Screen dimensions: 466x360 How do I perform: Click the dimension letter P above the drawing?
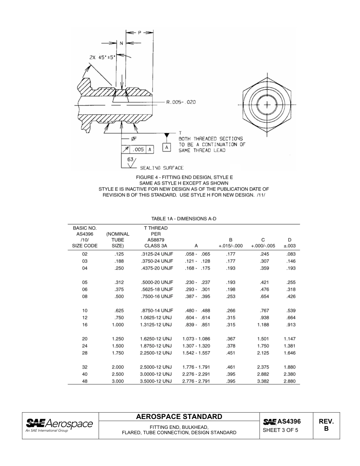(x=139, y=33)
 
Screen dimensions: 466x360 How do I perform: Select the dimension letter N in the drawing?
(x=121, y=43)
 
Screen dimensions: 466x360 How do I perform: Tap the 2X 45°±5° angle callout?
(x=102, y=57)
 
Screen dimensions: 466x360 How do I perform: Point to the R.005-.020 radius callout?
(x=181, y=102)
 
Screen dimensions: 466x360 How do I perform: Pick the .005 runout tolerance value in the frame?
(x=138, y=150)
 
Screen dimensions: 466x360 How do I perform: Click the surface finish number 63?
(x=130, y=160)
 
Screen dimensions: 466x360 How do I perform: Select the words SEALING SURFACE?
(x=161, y=168)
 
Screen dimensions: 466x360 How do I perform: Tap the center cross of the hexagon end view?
(x=267, y=105)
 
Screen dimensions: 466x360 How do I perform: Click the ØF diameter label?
(x=134, y=139)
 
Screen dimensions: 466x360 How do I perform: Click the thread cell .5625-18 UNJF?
(x=157, y=289)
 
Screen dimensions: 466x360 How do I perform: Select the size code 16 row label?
(x=85, y=325)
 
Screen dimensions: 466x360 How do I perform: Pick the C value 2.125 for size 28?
(x=263, y=353)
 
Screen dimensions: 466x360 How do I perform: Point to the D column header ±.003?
(x=290, y=246)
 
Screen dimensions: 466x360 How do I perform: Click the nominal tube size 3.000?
(x=117, y=381)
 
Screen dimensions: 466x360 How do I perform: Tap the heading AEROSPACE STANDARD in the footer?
(x=179, y=417)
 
